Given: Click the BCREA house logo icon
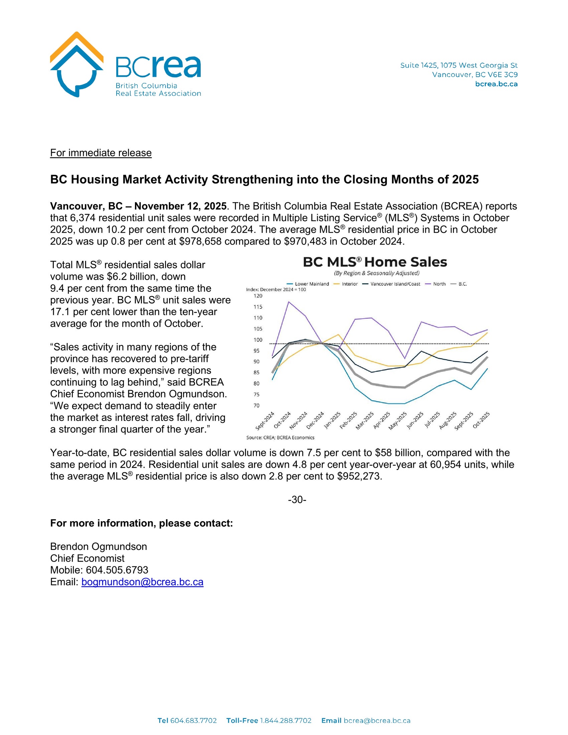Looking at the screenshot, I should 77,64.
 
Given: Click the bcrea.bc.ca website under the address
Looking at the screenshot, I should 496,84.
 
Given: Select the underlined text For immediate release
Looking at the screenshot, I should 101,153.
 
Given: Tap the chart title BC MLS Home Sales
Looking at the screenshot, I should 375,262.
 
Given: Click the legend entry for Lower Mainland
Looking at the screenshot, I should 312,284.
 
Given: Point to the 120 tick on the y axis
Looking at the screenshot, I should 258,296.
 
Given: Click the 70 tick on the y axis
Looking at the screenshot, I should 256,406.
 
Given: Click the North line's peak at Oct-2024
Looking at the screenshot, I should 289,302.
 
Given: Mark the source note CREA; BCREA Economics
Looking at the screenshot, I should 280,438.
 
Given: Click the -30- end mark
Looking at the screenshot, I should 297,500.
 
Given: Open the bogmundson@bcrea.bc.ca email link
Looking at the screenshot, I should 142,582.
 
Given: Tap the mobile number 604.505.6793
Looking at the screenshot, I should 117,570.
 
